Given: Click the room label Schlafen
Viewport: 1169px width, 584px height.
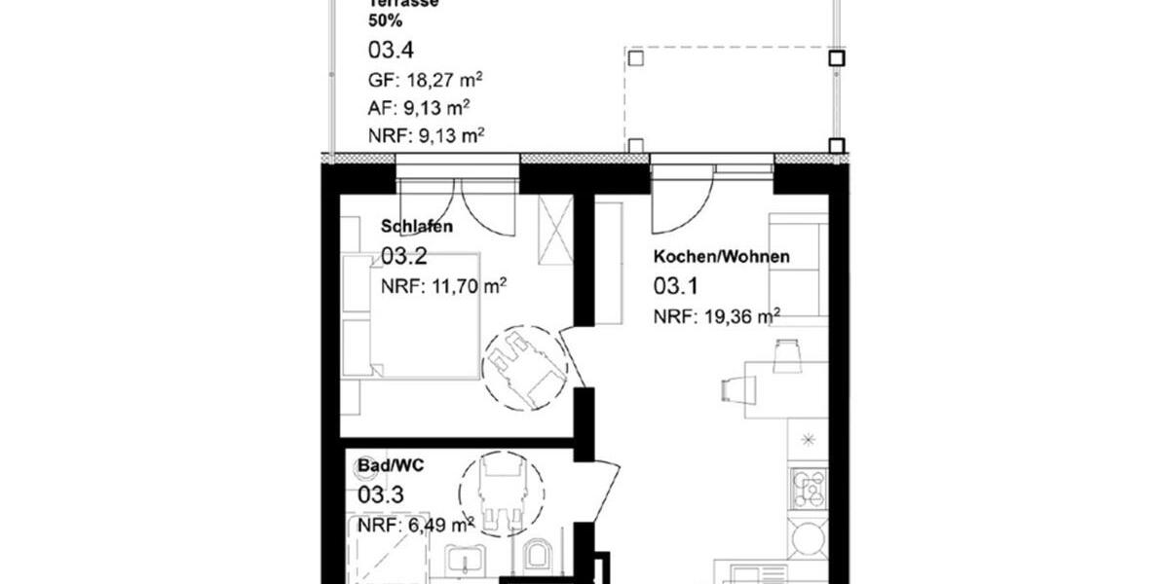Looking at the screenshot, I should (416, 227).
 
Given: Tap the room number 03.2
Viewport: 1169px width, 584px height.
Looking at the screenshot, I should (403, 257).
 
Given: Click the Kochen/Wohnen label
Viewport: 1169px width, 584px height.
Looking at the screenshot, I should (721, 257).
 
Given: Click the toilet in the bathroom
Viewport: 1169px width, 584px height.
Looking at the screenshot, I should (538, 557).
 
